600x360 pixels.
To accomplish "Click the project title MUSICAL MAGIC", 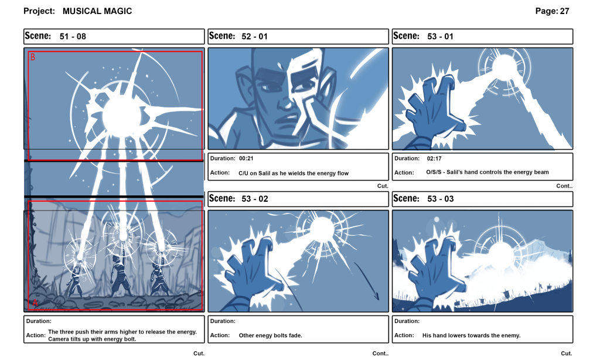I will pyautogui.click(x=97, y=11).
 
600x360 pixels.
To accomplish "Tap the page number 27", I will pyautogui.click(x=564, y=11).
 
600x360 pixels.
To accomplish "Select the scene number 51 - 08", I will pyautogui.click(x=73, y=36).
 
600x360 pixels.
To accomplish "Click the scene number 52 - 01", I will pyautogui.click(x=254, y=36).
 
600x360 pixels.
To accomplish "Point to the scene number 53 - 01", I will pyautogui.click(x=440, y=36).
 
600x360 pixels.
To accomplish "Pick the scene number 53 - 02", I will pyautogui.click(x=254, y=199).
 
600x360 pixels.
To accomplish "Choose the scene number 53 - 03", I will pyautogui.click(x=440, y=199).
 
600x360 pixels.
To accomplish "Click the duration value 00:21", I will pyautogui.click(x=246, y=158).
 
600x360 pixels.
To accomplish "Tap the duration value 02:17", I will pyautogui.click(x=434, y=158).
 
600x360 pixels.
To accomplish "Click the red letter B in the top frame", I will pyautogui.click(x=33, y=57).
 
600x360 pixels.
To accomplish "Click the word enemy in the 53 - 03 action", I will pyautogui.click(x=510, y=336).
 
